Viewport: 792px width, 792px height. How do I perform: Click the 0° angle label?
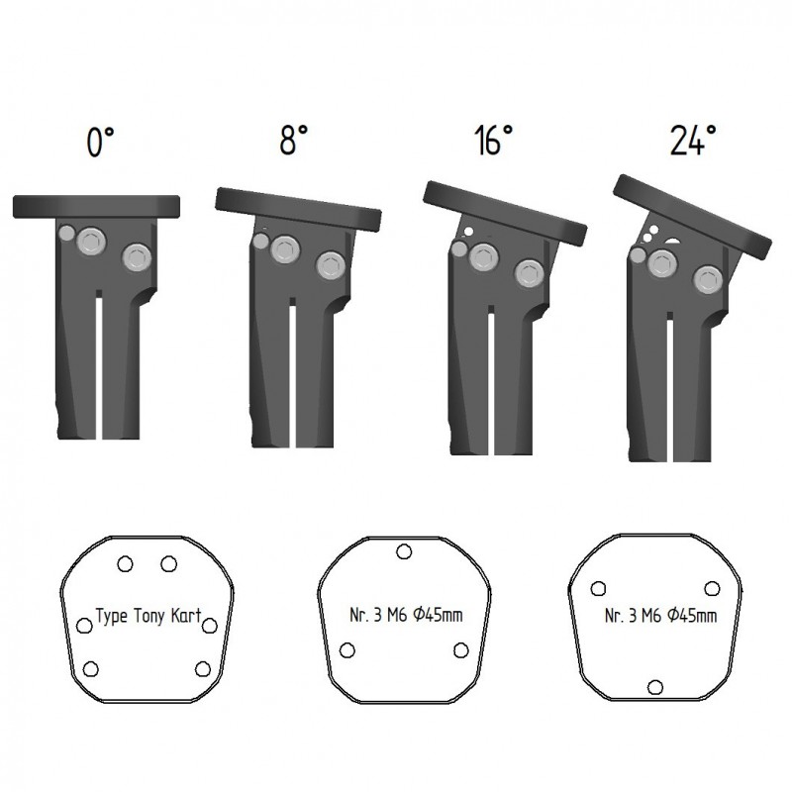[x=101, y=142]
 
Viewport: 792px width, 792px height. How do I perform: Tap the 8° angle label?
[x=294, y=140]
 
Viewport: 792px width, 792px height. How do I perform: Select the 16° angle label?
[x=493, y=140]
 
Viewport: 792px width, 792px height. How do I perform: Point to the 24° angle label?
[x=693, y=140]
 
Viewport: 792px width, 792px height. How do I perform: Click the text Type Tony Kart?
[x=148, y=616]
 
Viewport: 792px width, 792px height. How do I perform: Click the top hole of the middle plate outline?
[x=404, y=551]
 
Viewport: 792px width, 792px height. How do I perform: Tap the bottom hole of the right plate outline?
[x=655, y=687]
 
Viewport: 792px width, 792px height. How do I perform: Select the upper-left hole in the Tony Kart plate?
[x=125, y=563]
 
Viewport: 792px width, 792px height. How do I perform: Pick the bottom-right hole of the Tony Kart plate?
[x=203, y=669]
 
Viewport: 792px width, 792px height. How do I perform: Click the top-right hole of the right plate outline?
[x=712, y=588]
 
